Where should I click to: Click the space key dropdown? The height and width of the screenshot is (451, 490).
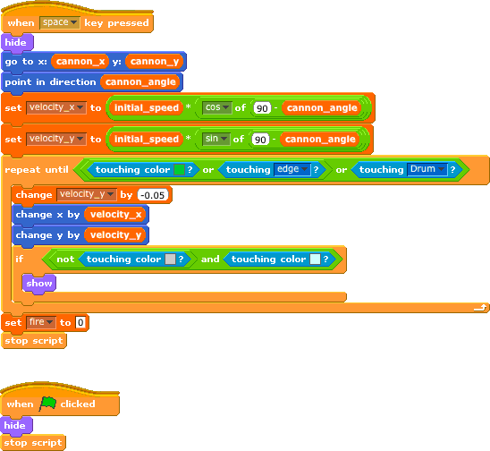click(60, 22)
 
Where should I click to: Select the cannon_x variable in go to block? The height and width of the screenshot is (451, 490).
click(80, 62)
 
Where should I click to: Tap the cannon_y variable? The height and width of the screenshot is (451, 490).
click(155, 62)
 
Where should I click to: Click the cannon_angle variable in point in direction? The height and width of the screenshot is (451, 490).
click(140, 82)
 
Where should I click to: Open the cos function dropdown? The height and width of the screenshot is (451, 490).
click(217, 107)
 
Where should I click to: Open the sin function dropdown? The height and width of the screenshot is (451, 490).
click(215, 139)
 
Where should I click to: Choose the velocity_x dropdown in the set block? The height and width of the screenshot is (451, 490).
click(56, 107)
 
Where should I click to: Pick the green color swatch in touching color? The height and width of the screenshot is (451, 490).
click(179, 169)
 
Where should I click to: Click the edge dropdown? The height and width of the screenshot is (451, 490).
click(292, 169)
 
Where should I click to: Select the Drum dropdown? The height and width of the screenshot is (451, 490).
click(427, 169)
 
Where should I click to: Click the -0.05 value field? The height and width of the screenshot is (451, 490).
click(153, 195)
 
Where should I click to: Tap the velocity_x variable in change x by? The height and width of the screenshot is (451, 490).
click(115, 215)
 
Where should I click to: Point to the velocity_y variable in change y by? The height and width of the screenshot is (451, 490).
click(115, 234)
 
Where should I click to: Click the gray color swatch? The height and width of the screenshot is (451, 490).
click(170, 259)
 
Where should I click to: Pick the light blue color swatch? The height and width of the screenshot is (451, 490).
click(315, 259)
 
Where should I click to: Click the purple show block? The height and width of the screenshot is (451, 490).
click(39, 284)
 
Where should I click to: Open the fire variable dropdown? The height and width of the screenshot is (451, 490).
click(41, 322)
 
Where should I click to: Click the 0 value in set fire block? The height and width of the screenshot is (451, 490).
click(80, 322)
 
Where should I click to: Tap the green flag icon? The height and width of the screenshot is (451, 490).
click(47, 404)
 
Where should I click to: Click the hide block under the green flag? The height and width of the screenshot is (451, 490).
click(16, 426)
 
